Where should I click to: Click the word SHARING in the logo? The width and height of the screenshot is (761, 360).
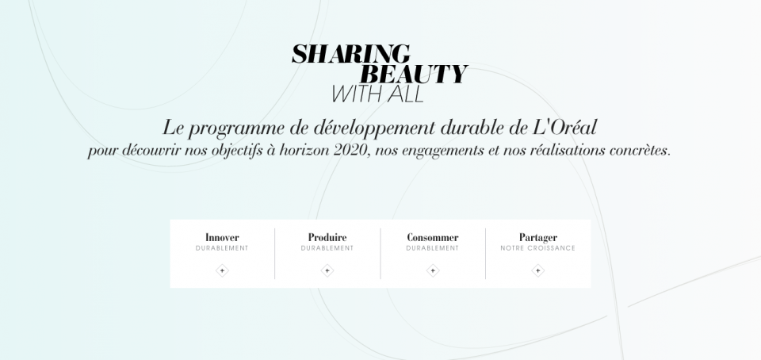click(351, 54)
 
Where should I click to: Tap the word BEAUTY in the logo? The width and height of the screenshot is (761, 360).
click(413, 75)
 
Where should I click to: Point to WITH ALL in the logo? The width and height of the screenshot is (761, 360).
click(377, 94)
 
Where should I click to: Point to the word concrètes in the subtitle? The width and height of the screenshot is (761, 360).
click(631, 151)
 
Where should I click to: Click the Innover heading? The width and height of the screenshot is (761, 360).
click(222, 237)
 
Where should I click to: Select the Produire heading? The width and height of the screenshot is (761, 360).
click(327, 237)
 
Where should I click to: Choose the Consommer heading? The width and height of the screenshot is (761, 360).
click(433, 237)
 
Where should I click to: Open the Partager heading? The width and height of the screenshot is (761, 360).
click(538, 237)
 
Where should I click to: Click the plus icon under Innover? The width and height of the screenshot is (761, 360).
click(222, 270)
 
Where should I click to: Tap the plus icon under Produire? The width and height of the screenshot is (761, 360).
click(327, 270)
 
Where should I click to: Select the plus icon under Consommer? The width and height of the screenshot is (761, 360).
click(433, 270)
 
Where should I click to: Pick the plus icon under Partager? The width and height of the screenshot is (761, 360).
click(538, 270)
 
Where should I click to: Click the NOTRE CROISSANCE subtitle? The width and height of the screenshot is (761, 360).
click(538, 248)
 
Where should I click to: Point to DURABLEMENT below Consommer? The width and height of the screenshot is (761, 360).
click(433, 248)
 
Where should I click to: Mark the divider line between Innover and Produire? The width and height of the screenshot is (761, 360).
click(275, 254)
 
